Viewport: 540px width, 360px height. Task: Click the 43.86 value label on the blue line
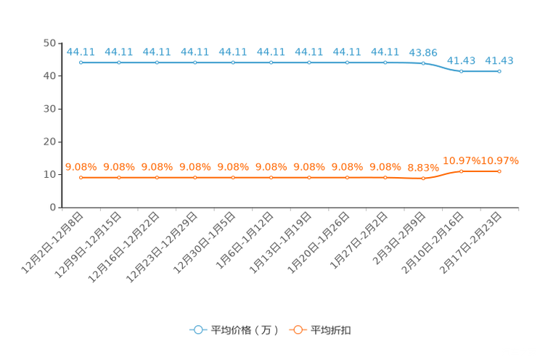423,53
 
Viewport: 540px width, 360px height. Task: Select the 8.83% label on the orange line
423,168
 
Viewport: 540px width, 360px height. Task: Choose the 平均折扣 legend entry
320,330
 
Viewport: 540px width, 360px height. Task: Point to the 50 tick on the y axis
49,43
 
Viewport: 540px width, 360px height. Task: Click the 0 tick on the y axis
53,208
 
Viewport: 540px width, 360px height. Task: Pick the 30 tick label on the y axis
49,109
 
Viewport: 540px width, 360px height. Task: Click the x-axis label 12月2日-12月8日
52,243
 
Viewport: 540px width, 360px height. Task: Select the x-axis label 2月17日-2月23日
471,243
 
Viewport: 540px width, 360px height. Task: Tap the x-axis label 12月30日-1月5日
204,243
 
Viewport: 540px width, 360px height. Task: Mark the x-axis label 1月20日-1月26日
318,243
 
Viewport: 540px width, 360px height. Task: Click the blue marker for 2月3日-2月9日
423,63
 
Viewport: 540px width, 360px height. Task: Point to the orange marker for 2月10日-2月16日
461,171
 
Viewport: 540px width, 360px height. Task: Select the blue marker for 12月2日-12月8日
81,62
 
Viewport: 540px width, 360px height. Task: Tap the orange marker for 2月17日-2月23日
499,171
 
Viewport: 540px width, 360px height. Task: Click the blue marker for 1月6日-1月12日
271,62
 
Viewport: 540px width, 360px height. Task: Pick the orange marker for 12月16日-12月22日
157,177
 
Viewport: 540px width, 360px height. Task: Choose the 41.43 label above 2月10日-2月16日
461,61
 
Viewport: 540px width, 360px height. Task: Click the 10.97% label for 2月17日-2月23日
499,160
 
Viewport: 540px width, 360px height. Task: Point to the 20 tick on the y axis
49,142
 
